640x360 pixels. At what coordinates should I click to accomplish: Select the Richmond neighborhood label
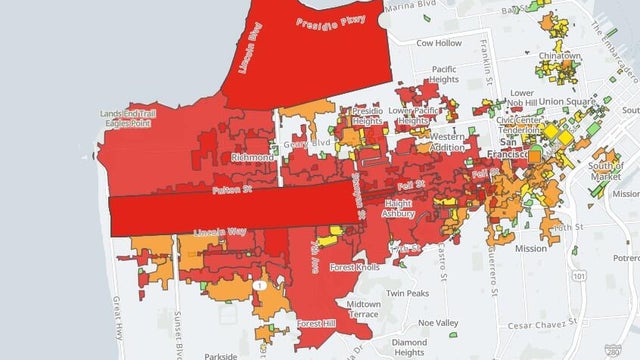(252, 157)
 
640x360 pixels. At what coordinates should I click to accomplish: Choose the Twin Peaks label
(409, 295)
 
